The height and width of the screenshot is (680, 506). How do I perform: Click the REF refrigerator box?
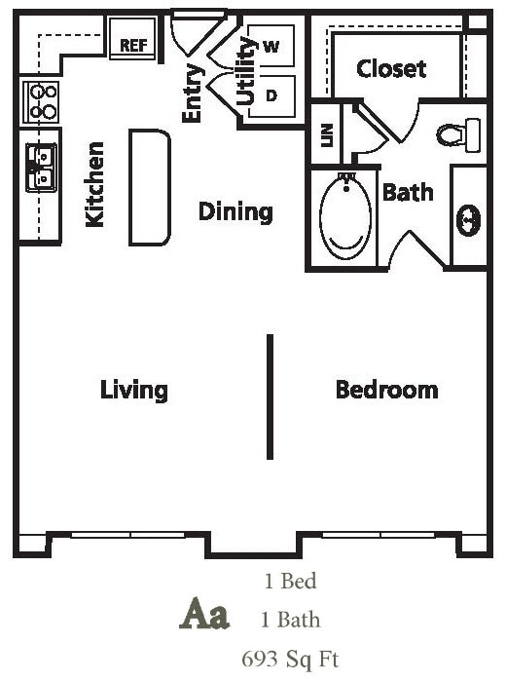[132, 45]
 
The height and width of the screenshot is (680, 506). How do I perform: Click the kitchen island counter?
[150, 188]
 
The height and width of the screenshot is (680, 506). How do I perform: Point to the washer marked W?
[271, 47]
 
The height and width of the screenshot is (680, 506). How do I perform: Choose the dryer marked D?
[271, 95]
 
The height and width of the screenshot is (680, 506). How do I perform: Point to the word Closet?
[391, 68]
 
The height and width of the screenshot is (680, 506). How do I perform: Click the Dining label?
[235, 211]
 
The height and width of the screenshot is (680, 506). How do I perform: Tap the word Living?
[134, 390]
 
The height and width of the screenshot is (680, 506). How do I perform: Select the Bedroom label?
[386, 390]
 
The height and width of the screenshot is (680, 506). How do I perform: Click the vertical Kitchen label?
[95, 185]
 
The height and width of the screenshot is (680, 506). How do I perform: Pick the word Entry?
[192, 94]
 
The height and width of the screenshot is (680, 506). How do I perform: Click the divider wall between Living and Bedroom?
[270, 396]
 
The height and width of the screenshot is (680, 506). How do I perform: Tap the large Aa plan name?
[205, 616]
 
